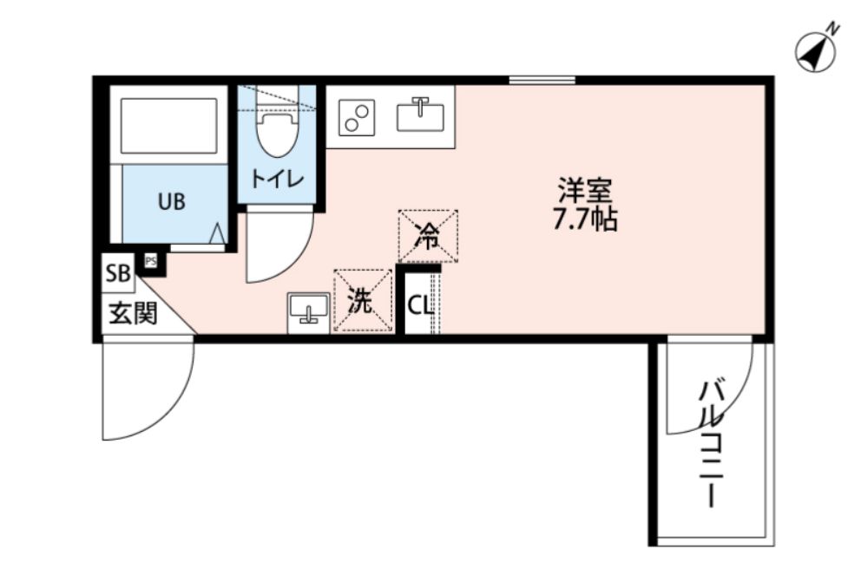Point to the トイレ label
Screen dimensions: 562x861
tap(276, 180)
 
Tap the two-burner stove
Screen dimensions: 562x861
tap(356, 116)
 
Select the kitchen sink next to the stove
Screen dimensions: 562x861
tap(420, 115)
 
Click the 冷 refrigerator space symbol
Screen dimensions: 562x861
tap(428, 234)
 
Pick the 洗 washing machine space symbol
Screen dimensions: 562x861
tap(363, 300)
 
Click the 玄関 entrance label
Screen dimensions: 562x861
tap(133, 312)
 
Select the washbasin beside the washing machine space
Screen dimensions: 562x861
tap(308, 309)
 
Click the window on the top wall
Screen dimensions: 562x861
tap(542, 81)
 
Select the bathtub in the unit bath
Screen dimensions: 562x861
tap(169, 126)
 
